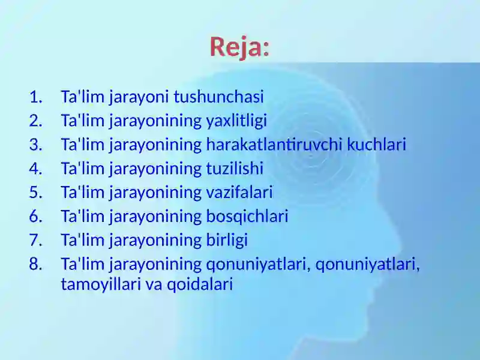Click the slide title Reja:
(239, 47)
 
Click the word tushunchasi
(218, 97)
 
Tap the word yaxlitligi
(236, 121)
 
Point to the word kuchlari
(377, 145)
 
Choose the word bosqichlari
(247, 216)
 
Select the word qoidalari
(200, 284)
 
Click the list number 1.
(36, 97)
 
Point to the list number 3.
(36, 145)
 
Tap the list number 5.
(36, 192)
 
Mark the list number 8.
(36, 264)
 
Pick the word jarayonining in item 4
(155, 169)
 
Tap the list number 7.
(36, 240)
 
